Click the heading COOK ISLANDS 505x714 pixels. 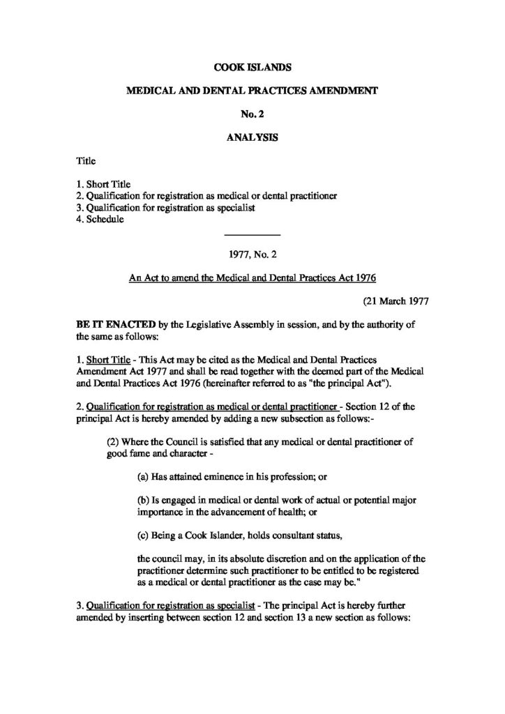[x=252, y=68]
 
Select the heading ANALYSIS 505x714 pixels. [x=252, y=137]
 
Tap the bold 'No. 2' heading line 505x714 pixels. [x=252, y=114]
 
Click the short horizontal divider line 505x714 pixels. [x=252, y=233]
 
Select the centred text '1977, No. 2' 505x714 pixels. [x=252, y=255]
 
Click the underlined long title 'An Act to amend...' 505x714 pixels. [x=252, y=278]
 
